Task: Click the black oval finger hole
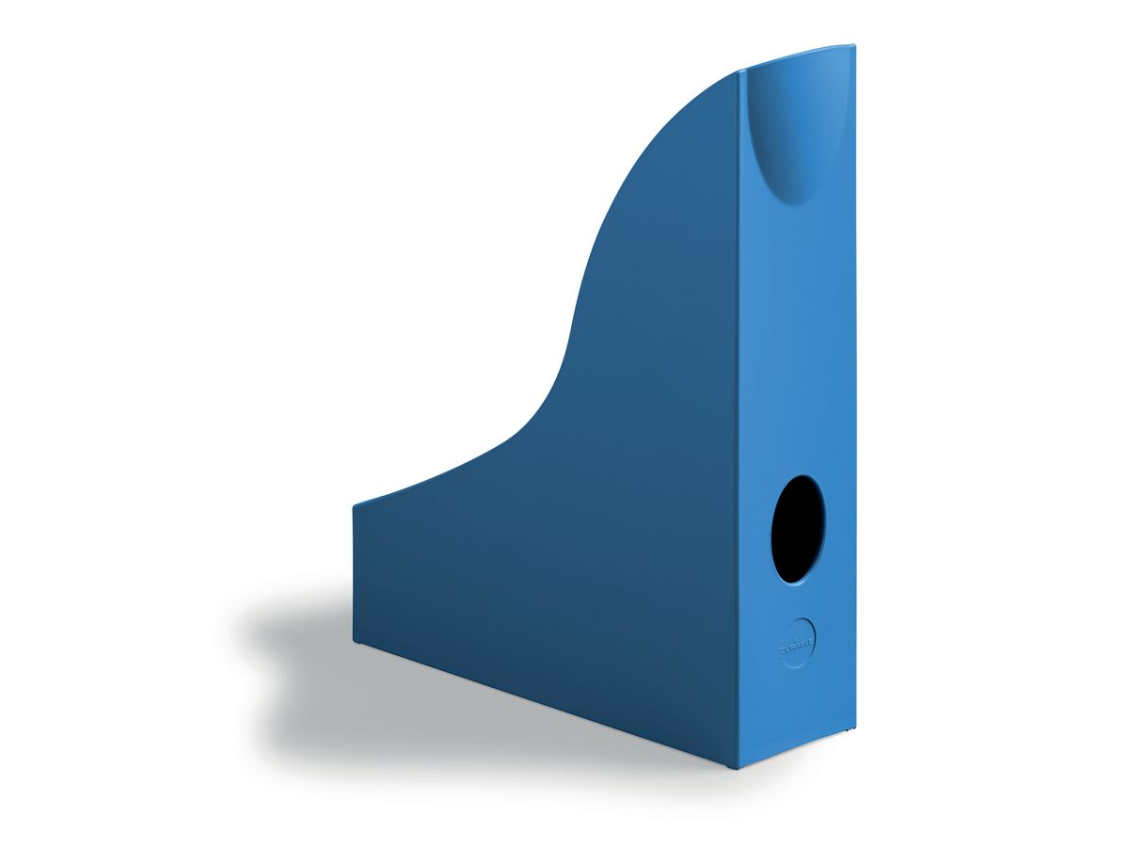[798, 529]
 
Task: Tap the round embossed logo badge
[797, 643]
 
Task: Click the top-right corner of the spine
[854, 45]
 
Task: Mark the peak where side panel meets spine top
[739, 72]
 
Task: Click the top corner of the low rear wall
[355, 505]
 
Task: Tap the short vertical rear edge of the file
[354, 574]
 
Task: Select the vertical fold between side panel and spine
[739, 423]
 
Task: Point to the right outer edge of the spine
[855, 376]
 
